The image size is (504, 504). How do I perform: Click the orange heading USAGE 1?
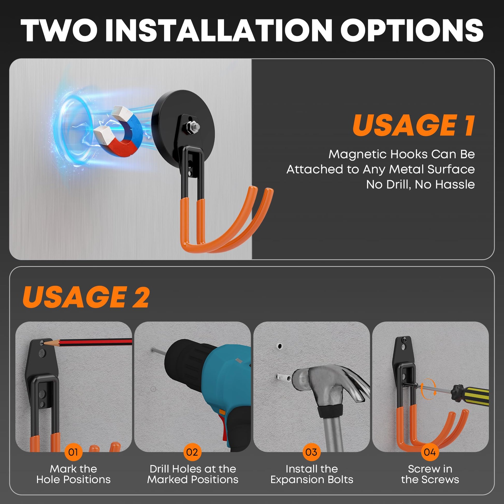point(413,125)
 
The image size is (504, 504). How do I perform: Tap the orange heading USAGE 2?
point(86,297)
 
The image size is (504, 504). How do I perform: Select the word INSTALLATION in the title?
point(218,31)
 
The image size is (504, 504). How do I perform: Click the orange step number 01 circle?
point(73,452)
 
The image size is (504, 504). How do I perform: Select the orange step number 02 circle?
point(192,452)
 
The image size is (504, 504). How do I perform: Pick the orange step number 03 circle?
point(312,452)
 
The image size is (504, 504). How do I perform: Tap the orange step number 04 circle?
point(430,452)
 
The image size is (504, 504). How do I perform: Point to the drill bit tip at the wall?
point(152,349)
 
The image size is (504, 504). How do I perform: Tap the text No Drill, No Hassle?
point(421,184)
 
